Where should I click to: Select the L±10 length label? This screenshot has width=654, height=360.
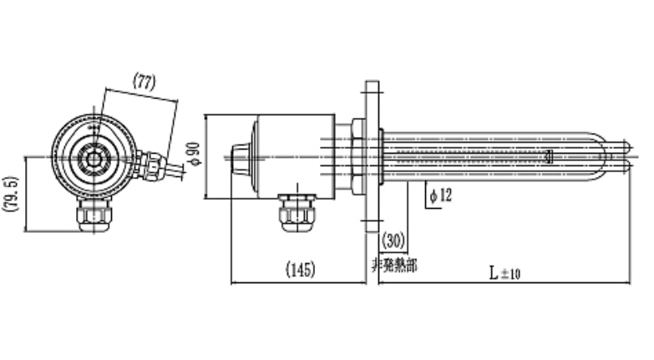(504, 271)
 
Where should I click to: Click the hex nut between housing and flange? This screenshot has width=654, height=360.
(357, 155)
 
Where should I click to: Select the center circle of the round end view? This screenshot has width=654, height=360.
(94, 156)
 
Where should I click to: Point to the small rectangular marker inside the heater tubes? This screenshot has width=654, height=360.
(549, 155)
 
